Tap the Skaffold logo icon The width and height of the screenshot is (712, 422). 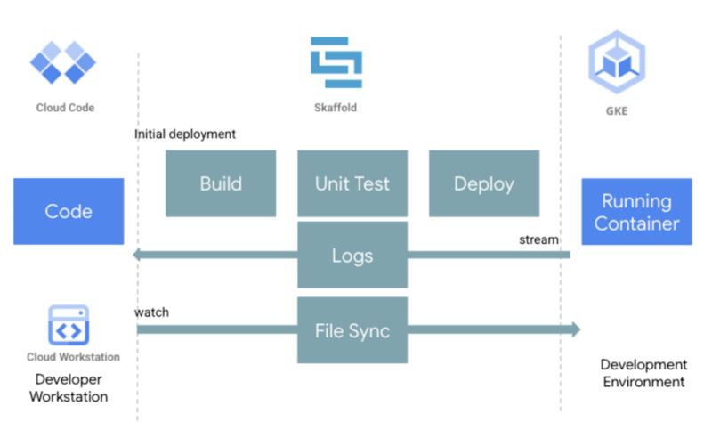pos(336,62)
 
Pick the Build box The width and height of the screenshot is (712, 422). pos(221,183)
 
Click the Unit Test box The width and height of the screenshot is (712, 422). pos(352,183)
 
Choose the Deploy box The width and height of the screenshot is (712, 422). pos(484,183)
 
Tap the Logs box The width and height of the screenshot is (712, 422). pos(352,256)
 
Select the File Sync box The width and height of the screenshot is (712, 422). pos(352,330)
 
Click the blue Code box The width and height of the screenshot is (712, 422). pos(69,212)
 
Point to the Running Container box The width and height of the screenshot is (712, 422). pos(636,212)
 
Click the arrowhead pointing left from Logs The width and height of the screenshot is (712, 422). pos(139,256)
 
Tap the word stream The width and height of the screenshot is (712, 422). pos(539,239)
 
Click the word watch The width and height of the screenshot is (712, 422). pos(151,312)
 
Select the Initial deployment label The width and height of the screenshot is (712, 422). pos(185,134)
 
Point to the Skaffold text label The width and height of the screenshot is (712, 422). pos(336,108)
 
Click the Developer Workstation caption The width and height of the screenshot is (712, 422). pos(69,388)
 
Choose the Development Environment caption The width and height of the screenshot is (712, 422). pos(643,373)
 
